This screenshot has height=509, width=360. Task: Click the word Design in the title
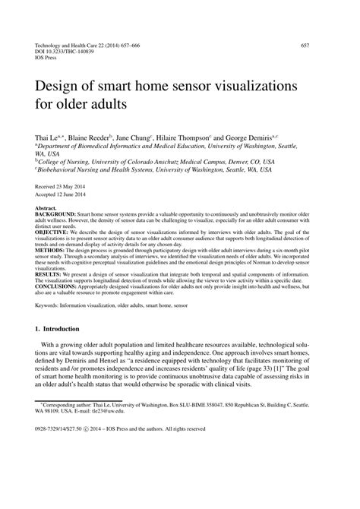tap(62, 80)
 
